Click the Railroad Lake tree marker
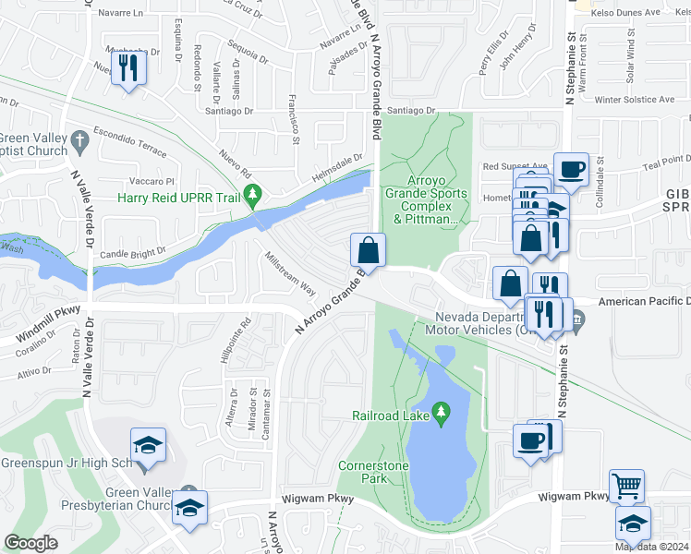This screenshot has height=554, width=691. coord(442,410)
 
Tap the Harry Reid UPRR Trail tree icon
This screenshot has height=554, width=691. coord(257,196)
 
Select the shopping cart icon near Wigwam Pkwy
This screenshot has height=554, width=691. coord(627,485)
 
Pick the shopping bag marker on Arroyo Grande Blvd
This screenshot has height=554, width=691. coord(368,250)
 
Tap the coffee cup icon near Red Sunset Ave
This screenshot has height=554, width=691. coord(572,169)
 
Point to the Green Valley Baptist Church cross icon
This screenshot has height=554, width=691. coord(80,140)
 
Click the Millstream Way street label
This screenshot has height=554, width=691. coord(290,272)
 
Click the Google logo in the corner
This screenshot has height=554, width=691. coord(31,543)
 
